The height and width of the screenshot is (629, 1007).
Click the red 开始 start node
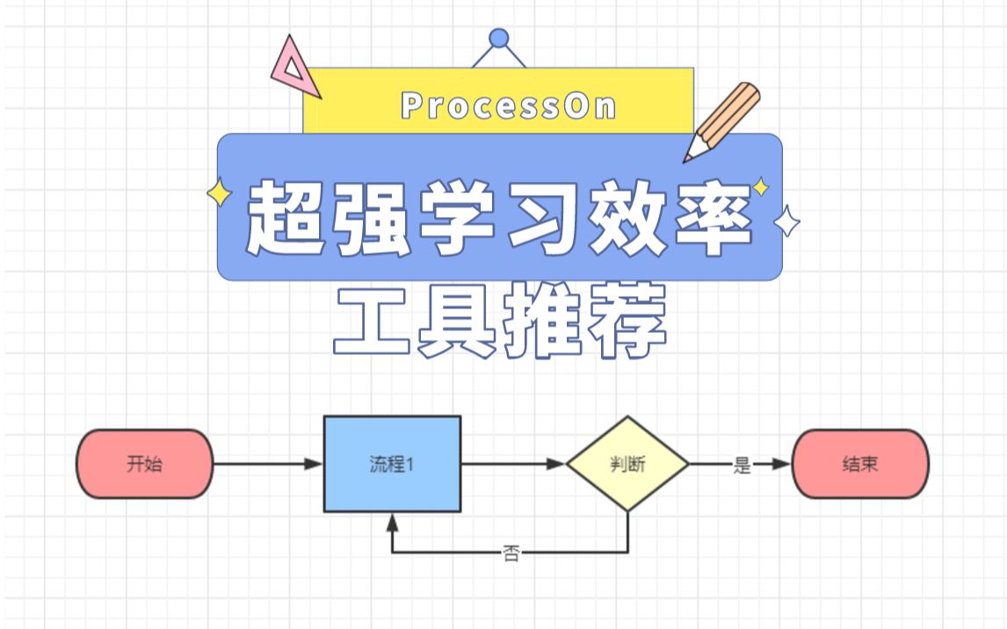click(x=145, y=464)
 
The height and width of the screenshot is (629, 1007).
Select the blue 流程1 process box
click(x=392, y=464)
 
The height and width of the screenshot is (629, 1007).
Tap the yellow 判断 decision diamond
click(x=627, y=465)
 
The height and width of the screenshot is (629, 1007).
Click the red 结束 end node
click(x=860, y=464)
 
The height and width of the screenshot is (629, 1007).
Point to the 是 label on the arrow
click(x=743, y=466)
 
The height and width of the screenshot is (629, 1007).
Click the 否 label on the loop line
click(x=511, y=553)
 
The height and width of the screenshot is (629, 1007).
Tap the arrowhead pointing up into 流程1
click(x=392, y=522)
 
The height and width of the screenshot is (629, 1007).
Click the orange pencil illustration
click(x=721, y=122)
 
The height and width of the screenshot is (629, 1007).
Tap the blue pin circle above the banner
click(x=499, y=38)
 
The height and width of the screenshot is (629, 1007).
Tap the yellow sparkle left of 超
click(x=219, y=194)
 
